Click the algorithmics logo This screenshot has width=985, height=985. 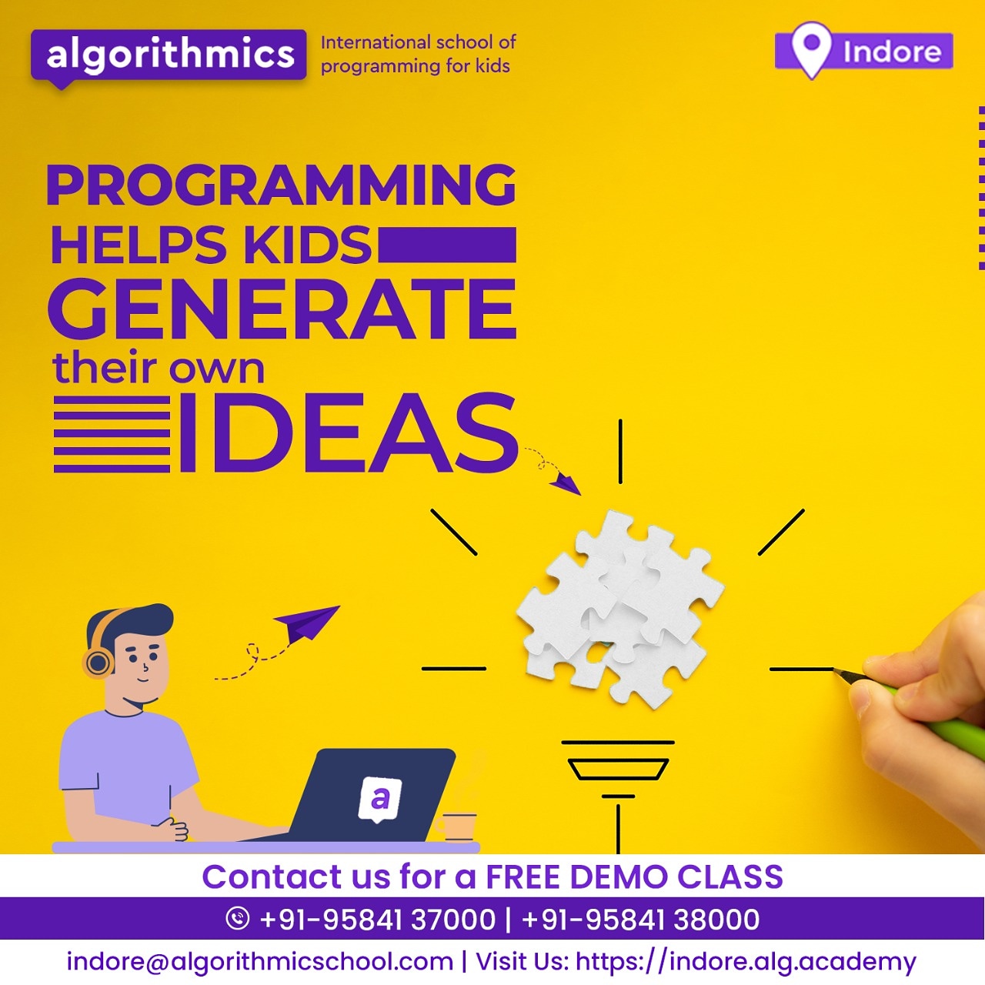point(169,55)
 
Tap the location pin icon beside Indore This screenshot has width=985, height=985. point(811,48)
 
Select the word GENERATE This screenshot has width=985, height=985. point(282,309)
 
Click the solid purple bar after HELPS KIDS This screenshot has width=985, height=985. point(447,245)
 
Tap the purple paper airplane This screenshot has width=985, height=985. point(308,622)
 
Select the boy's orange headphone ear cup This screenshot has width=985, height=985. point(98,662)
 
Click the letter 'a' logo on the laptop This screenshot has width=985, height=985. point(380,798)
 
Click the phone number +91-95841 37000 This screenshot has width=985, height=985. point(377,920)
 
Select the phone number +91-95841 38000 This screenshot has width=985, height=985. point(640,920)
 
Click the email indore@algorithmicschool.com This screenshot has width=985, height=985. point(259,961)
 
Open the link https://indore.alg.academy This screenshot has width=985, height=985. point(746,961)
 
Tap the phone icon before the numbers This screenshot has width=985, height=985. point(238,918)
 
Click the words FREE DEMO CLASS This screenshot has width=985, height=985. point(634,877)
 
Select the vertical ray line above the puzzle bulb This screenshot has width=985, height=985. point(620,451)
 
